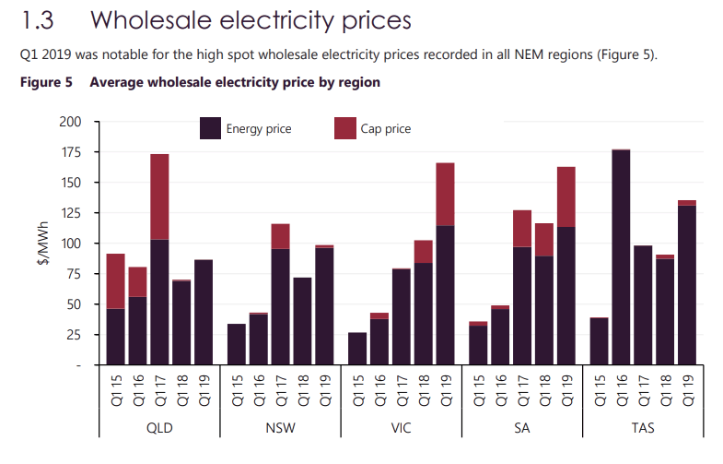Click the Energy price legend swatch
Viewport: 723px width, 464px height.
pyautogui.click(x=210, y=128)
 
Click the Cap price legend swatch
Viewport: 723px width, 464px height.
pyautogui.click(x=345, y=128)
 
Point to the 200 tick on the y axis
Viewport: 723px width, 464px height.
pyautogui.click(x=70, y=122)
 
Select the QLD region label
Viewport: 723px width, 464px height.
pyautogui.click(x=159, y=428)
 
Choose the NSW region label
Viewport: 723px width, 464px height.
pyautogui.click(x=280, y=428)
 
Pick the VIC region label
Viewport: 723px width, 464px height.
pyautogui.click(x=402, y=428)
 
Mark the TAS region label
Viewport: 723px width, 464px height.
pyautogui.click(x=643, y=428)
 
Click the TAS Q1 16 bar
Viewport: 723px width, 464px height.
pyautogui.click(x=621, y=258)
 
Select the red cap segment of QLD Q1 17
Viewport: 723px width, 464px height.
pyautogui.click(x=159, y=196)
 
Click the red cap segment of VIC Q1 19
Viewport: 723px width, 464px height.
pyautogui.click(x=446, y=194)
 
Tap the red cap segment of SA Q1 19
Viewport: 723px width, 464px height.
pyautogui.click(x=566, y=196)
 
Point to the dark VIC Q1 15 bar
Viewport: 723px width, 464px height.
pyautogui.click(x=357, y=349)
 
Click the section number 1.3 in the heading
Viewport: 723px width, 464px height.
pyautogui.click(x=38, y=19)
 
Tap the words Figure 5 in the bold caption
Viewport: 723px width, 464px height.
pyautogui.click(x=45, y=82)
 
